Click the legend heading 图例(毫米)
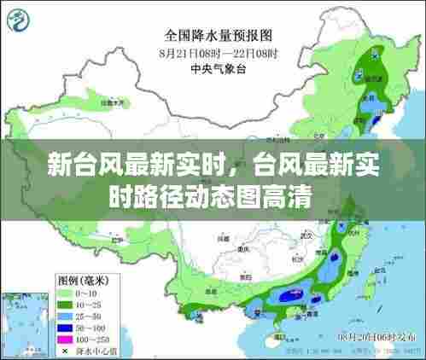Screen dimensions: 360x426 point(82,280)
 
